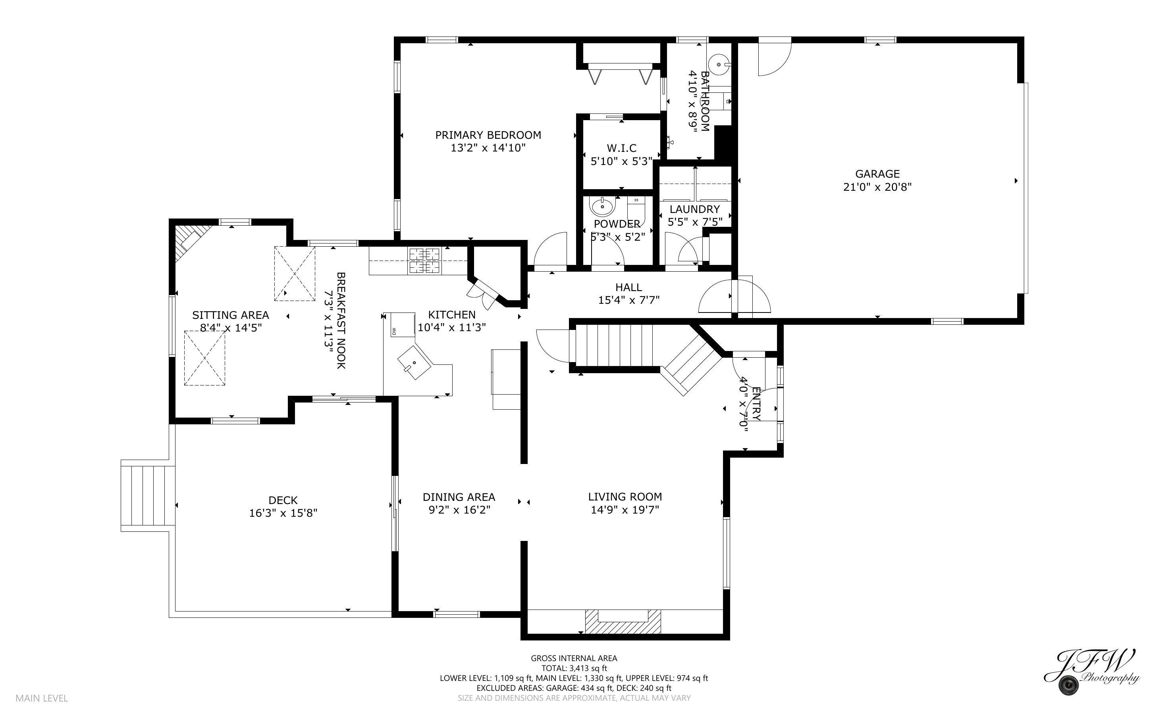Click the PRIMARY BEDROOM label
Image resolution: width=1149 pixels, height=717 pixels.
coord(488,135)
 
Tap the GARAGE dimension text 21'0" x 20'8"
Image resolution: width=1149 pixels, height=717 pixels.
coord(877,187)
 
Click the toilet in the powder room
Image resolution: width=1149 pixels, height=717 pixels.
coord(636,209)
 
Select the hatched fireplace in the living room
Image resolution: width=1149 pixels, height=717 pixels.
coord(622,621)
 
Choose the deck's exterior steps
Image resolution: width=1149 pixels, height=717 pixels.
coord(148,496)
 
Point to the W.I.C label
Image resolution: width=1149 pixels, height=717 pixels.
coord(621,148)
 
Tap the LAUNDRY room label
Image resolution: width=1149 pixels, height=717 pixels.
coord(694,209)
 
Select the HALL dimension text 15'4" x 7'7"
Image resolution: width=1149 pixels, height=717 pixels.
coord(628,300)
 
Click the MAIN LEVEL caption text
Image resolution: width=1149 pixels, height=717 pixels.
coord(42,698)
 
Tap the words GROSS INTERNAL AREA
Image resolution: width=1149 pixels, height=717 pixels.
coord(573,658)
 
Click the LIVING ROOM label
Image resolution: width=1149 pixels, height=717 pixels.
coord(625,497)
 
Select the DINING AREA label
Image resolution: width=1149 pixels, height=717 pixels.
coord(459,497)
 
